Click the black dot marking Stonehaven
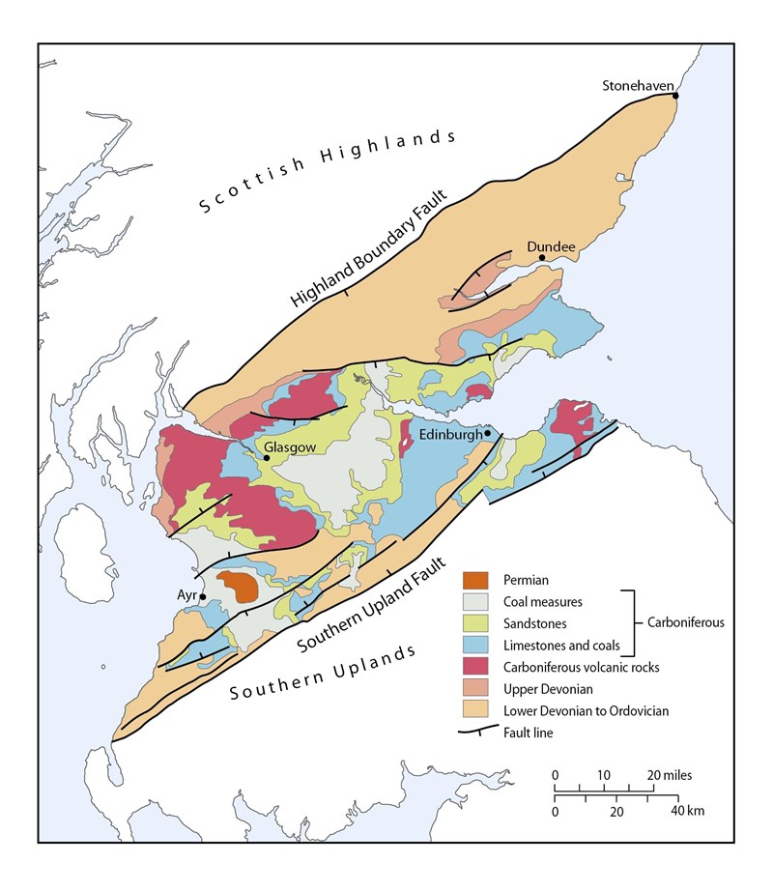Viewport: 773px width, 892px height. (x=675, y=95)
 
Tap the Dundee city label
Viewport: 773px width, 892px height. (x=551, y=246)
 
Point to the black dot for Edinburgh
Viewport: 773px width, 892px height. (x=488, y=433)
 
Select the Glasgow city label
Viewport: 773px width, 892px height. (x=286, y=446)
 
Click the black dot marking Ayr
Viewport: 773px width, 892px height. (x=203, y=596)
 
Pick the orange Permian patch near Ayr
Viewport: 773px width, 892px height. (x=237, y=585)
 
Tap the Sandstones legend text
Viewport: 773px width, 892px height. (x=536, y=623)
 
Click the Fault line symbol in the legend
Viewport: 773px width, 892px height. (x=476, y=733)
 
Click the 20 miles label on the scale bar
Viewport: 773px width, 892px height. (x=671, y=775)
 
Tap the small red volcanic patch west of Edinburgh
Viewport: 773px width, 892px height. (x=405, y=439)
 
